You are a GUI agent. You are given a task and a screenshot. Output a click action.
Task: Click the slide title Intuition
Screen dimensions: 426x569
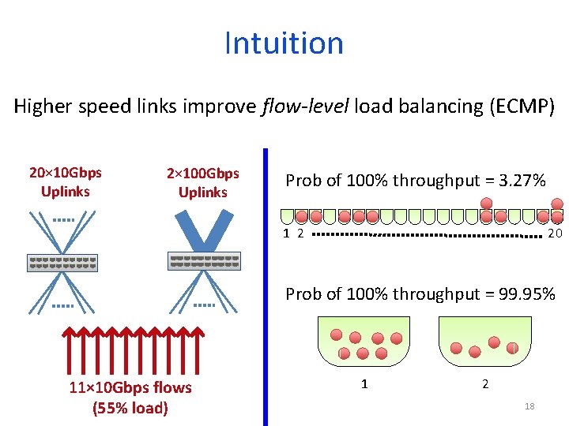(284, 43)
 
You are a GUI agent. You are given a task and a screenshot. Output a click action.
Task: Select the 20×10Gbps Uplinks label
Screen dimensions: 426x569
(65, 182)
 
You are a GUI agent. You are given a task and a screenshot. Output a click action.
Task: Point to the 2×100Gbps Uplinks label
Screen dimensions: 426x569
(203, 183)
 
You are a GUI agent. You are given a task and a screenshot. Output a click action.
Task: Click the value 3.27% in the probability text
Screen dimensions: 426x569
(518, 181)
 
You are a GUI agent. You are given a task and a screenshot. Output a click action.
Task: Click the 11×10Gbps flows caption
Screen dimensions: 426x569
(130, 387)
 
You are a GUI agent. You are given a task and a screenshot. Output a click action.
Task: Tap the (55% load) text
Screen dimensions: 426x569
(130, 408)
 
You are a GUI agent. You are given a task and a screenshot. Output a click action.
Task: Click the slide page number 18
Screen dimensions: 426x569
(529, 406)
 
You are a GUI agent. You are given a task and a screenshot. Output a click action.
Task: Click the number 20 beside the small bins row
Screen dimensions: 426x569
(555, 234)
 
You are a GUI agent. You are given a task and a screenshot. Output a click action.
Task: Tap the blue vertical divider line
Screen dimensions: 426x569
(265, 284)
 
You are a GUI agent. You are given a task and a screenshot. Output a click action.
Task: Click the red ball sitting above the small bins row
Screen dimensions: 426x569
(487, 203)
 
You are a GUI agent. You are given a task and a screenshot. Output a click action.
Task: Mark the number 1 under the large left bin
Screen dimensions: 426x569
(364, 384)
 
